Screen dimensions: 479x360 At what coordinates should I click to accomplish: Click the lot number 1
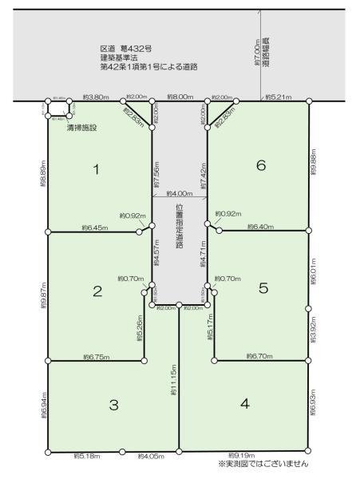tap(96, 169)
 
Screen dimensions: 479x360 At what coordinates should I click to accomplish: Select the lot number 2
tap(97, 291)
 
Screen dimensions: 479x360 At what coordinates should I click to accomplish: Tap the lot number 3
tap(114, 405)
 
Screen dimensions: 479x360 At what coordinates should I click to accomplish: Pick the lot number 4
tap(245, 403)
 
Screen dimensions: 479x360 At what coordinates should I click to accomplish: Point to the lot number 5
tap(263, 289)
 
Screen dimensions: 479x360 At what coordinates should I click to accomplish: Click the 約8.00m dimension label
tap(180, 97)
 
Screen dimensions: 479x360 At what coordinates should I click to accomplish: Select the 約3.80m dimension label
tap(96, 97)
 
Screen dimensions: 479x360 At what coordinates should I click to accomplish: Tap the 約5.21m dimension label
tap(278, 97)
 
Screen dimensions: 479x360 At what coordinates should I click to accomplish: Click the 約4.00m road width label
tap(179, 194)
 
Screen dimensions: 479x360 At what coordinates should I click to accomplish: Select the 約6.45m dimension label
tap(94, 228)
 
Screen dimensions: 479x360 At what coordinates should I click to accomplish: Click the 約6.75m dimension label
tap(95, 358)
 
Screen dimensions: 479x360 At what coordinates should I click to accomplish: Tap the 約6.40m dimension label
tap(260, 227)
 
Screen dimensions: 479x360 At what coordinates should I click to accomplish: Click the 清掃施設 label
tap(82, 128)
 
